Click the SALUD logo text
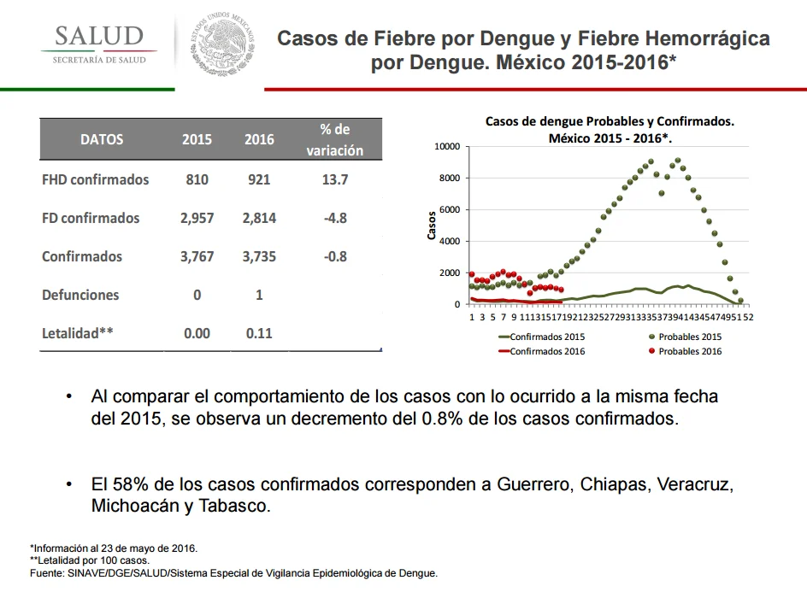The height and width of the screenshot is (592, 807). (x=99, y=36)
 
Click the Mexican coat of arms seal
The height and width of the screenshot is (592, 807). (x=222, y=44)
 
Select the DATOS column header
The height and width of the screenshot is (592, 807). (x=102, y=139)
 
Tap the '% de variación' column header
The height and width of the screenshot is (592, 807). (x=335, y=139)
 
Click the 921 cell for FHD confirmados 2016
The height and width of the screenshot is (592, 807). (x=259, y=179)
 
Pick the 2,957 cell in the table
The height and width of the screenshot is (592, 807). (x=197, y=218)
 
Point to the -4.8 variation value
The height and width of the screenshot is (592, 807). (x=335, y=218)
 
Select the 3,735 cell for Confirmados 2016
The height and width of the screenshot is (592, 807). (x=259, y=256)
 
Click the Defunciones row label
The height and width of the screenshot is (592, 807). (x=80, y=295)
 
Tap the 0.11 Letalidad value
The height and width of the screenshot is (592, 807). (x=259, y=333)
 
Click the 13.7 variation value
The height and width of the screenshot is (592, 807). (x=335, y=179)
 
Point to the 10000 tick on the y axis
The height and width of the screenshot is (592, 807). (x=447, y=147)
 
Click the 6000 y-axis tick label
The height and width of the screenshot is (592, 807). (x=450, y=210)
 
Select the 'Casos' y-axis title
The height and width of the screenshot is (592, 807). (x=432, y=226)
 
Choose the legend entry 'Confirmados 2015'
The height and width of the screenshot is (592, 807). (x=542, y=337)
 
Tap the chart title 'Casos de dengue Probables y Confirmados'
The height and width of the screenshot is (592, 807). (x=610, y=121)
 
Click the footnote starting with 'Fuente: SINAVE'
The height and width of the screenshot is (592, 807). (x=233, y=573)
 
